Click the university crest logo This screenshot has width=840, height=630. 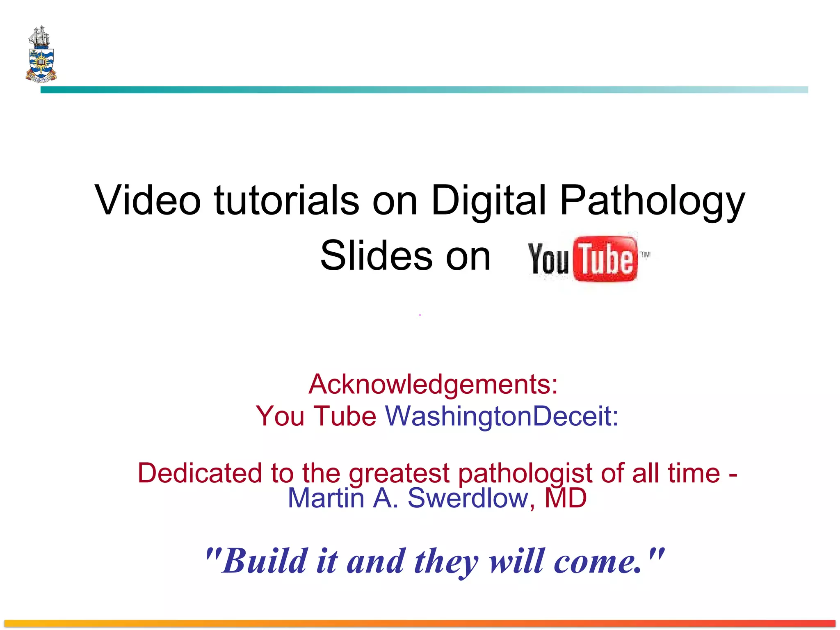click(x=41, y=55)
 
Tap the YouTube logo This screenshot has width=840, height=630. click(x=587, y=258)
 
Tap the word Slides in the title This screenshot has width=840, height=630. click(x=376, y=256)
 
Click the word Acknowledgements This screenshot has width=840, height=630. click(x=433, y=385)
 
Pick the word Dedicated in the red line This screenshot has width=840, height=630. click(x=199, y=473)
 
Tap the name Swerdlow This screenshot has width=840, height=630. click(x=468, y=498)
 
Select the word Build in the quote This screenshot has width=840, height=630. click(x=265, y=561)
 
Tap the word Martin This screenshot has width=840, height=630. click(x=326, y=498)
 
